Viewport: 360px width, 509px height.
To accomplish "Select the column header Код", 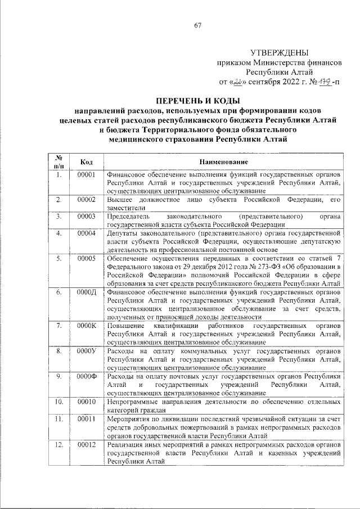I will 87,162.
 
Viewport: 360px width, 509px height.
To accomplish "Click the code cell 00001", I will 87,175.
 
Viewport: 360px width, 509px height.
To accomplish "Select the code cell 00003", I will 87,216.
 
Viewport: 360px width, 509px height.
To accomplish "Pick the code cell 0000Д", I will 87,292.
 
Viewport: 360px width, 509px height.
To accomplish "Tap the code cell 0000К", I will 87,326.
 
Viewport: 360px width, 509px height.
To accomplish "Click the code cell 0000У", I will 87,350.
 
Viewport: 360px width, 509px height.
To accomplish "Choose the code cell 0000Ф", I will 87,376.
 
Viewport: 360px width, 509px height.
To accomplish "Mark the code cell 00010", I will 87,402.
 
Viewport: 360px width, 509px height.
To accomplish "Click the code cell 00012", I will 87,445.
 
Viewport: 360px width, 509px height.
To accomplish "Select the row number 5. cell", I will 58,258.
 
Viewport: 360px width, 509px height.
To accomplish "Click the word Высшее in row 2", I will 121,200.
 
